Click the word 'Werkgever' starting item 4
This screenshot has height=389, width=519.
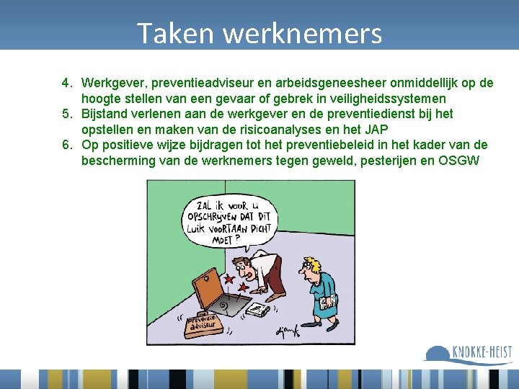click(x=112, y=83)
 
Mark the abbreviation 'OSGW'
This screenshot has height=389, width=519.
click(x=459, y=160)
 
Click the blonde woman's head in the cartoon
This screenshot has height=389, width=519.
click(x=313, y=267)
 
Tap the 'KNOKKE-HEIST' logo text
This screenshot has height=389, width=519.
click(x=482, y=353)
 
